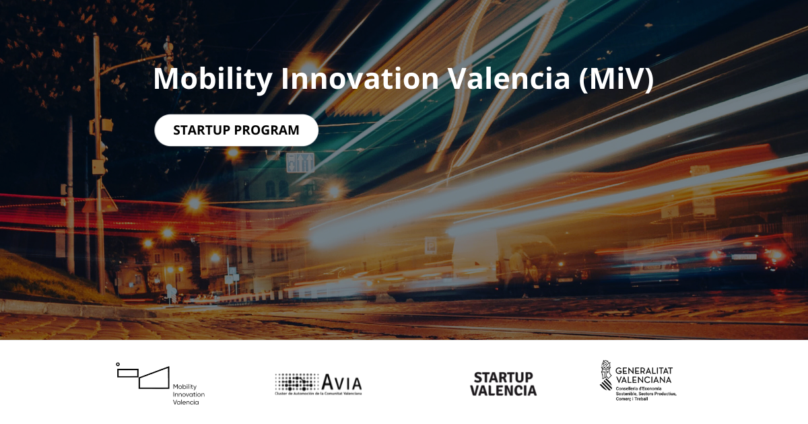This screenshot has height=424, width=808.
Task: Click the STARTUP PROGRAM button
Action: click(236, 130)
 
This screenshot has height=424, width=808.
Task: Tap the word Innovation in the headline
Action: click(359, 79)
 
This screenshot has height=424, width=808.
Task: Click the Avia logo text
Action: click(341, 382)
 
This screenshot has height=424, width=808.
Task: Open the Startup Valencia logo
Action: click(503, 384)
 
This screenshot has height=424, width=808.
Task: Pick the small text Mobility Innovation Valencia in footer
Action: click(189, 394)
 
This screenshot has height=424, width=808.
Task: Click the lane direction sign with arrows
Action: click(300, 162)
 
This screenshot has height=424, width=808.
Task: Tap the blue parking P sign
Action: click(430, 244)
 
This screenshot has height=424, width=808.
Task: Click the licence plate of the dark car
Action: click(743, 257)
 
